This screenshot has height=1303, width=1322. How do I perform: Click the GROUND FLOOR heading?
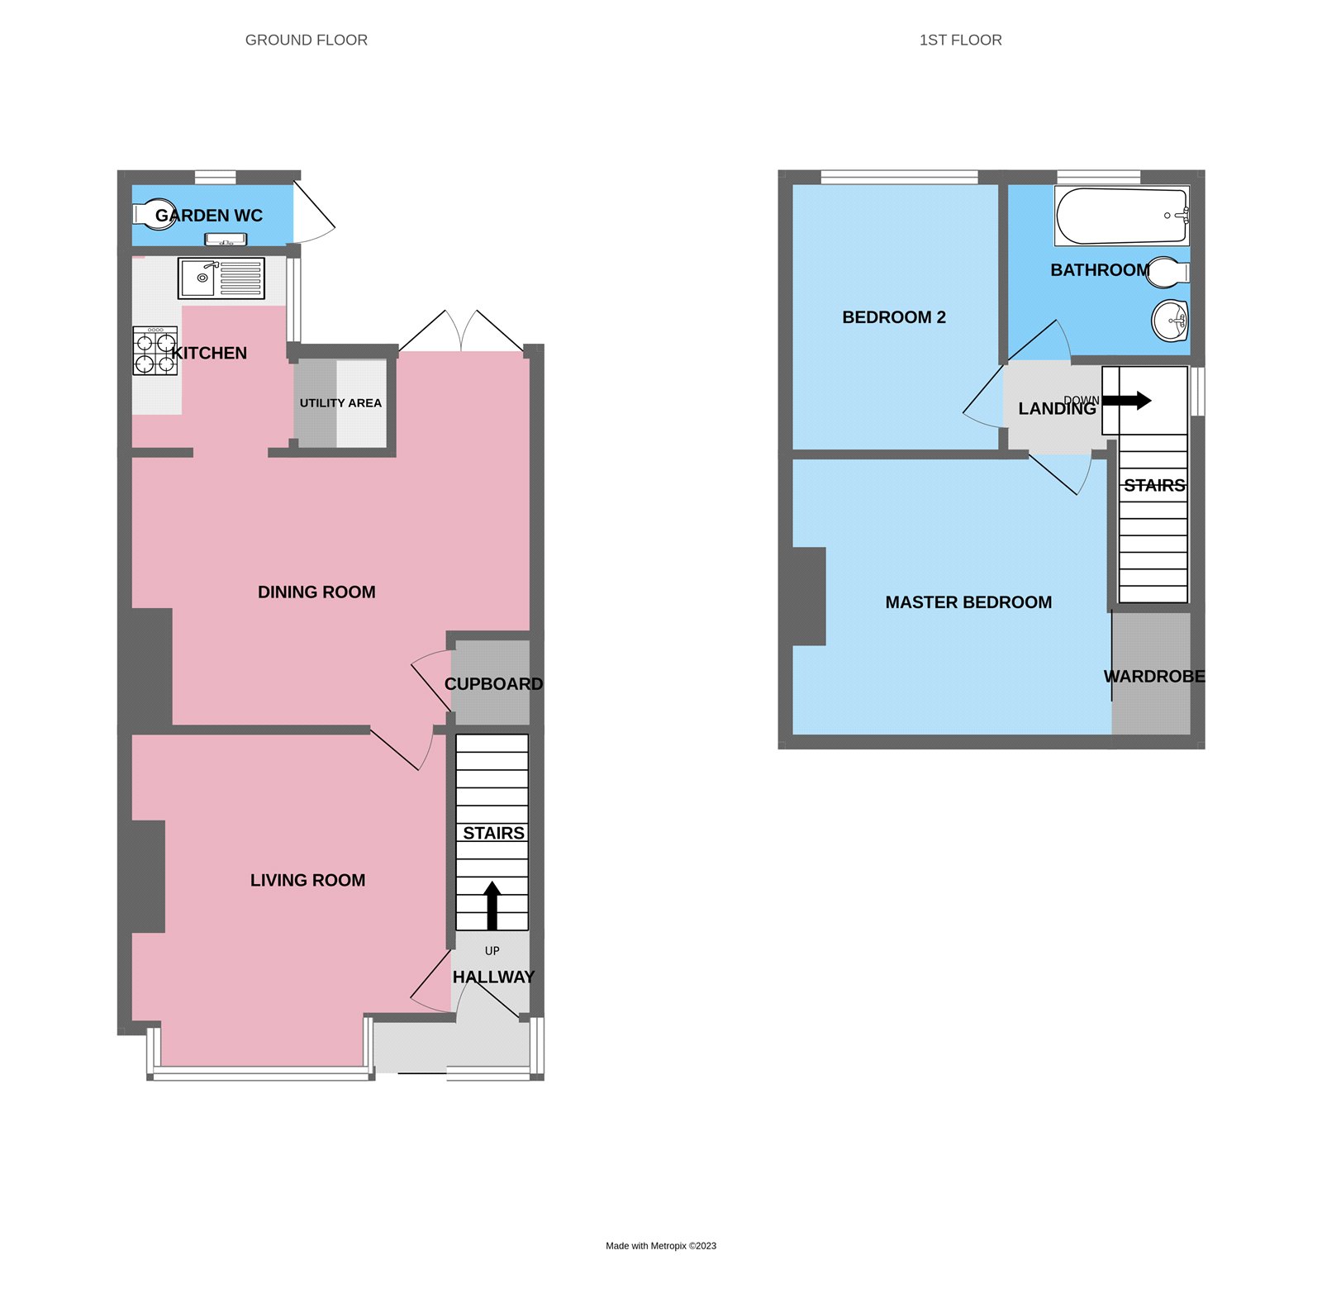[306, 40]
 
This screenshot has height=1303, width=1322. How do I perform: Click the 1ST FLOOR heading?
[960, 40]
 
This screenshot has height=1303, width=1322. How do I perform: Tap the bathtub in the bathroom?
[1121, 216]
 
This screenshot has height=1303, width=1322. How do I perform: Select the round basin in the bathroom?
[1170, 321]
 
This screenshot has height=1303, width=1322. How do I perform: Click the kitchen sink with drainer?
[221, 278]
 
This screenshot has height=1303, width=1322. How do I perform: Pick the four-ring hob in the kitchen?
[155, 351]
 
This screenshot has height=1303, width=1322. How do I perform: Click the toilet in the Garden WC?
[154, 215]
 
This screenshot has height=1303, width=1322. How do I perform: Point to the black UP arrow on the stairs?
[492, 906]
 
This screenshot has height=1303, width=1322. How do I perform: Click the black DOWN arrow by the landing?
[1127, 401]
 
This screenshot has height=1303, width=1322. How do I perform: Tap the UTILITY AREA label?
[340, 403]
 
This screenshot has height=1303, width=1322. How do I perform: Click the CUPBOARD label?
[493, 684]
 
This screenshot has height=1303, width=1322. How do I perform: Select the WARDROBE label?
[1154, 677]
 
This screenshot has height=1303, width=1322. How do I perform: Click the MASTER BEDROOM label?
[968, 602]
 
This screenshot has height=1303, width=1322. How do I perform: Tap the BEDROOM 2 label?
[893, 317]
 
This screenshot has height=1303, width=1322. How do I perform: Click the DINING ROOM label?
[316, 592]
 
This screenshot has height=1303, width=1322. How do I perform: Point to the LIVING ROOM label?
[307, 881]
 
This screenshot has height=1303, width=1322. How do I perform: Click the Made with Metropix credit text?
[660, 1246]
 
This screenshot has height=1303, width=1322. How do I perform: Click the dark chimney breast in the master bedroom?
[808, 596]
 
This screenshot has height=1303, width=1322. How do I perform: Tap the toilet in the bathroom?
[1167, 271]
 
